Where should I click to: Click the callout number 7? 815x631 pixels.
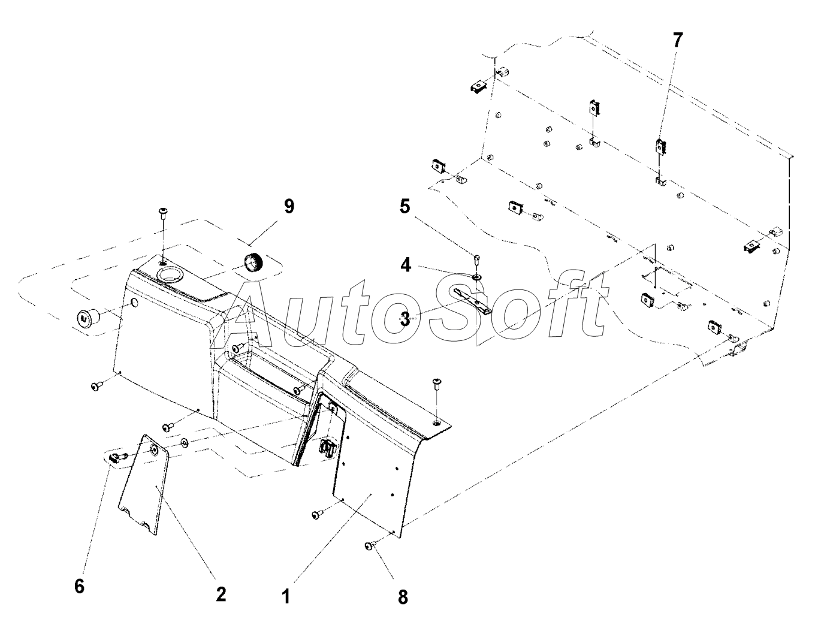tap(677, 41)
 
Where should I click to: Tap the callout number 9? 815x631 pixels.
tap(289, 207)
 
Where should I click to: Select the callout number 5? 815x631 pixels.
tap(405, 207)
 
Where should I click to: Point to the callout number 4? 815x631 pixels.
tap(406, 264)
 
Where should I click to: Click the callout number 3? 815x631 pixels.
tap(405, 319)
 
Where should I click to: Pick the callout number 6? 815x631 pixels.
tap(80, 585)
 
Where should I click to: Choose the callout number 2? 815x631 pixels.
tap(221, 594)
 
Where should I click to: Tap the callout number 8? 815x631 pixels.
tap(403, 597)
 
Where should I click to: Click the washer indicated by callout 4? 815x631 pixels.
tap(477, 277)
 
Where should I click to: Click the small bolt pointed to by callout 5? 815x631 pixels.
tap(476, 259)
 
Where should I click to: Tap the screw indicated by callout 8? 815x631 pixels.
tap(370, 546)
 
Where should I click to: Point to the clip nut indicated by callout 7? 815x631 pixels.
tap(660, 146)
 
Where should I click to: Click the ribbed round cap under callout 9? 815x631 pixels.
tap(254, 262)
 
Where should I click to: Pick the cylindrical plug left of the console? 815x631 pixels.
tap(87, 318)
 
